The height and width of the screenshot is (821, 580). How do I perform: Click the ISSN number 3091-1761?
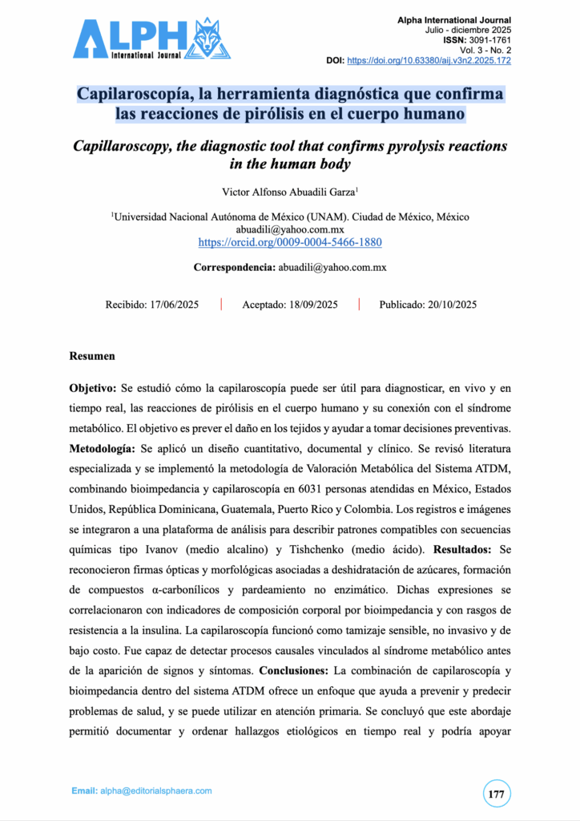point(488,40)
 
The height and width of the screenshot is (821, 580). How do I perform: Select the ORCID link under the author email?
point(290,241)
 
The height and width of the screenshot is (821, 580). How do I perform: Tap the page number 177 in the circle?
point(496,794)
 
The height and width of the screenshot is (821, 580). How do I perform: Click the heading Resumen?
point(92,356)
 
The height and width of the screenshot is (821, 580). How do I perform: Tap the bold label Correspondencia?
point(234,267)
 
